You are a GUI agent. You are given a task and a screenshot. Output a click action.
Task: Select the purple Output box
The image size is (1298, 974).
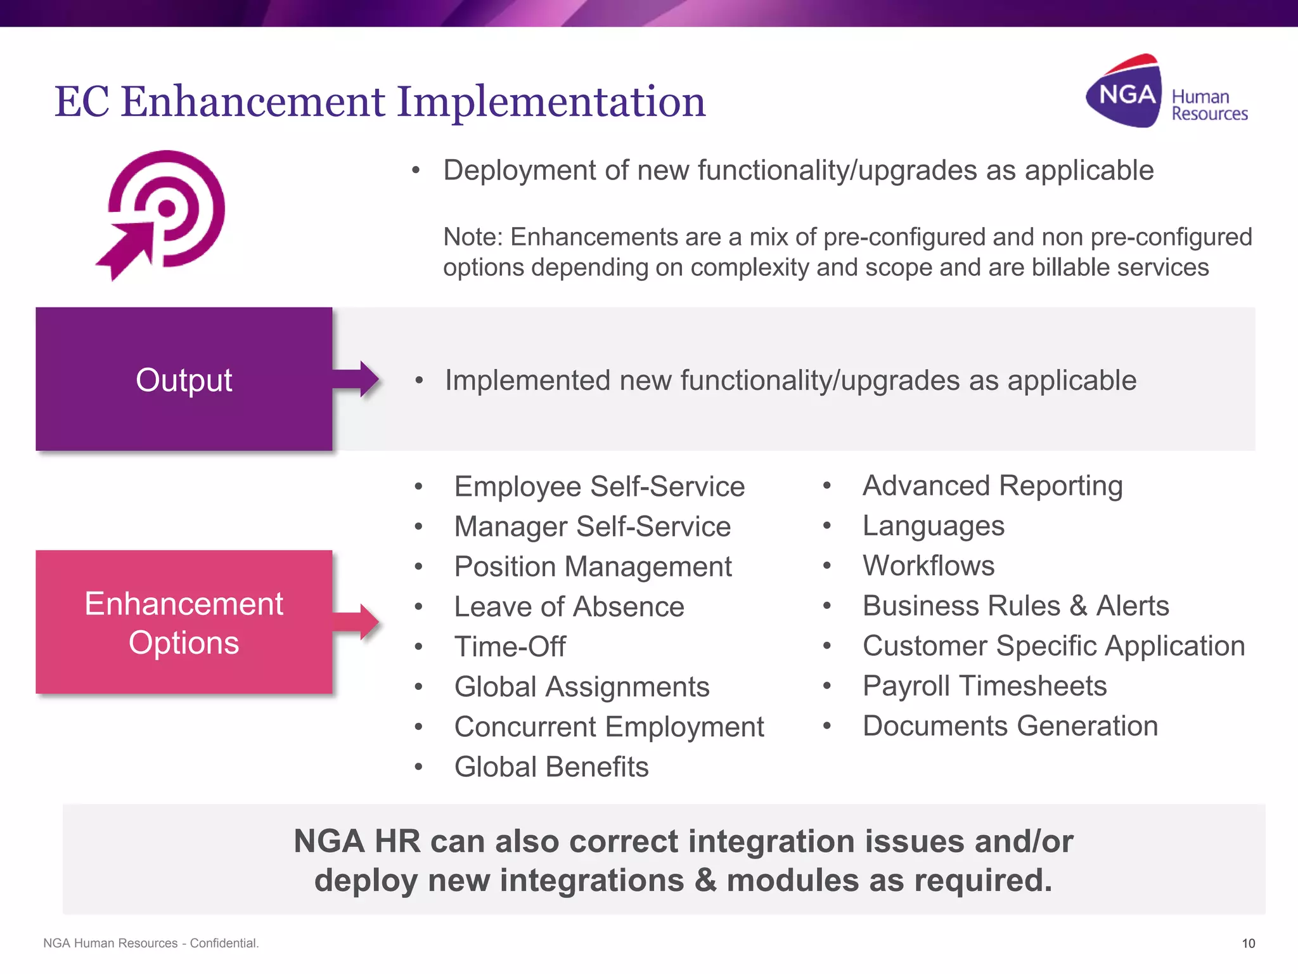pos(184,379)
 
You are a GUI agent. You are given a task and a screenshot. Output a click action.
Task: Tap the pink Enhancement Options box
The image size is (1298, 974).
pos(184,622)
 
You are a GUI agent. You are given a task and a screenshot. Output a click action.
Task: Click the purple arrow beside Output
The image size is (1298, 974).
pos(357,379)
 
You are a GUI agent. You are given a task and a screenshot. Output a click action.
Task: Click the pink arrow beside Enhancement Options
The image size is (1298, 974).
pos(357,622)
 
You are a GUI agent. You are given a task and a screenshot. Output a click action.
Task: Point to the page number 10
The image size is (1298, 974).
pos(1248,943)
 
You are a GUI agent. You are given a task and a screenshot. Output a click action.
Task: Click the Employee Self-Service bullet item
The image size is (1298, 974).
pos(599,487)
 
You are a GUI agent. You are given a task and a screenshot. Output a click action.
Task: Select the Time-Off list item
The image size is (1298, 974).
pos(510,647)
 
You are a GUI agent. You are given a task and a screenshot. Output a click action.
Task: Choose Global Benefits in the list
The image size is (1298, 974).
pos(551,767)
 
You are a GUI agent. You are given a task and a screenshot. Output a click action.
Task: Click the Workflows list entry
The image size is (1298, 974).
pos(929,566)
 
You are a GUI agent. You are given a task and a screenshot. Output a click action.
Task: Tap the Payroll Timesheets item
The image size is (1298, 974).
pos(984,686)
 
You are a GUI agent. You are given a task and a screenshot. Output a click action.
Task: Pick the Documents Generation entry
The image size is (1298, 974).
pos(1010,726)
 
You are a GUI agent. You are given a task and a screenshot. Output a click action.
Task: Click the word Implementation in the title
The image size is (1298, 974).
pos(550,101)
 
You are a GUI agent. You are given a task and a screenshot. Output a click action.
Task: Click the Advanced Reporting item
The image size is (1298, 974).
pos(993,486)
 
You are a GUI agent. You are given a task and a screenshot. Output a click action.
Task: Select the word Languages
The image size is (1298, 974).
pos(933,526)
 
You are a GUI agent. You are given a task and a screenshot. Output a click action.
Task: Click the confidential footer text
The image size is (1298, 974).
pos(151,943)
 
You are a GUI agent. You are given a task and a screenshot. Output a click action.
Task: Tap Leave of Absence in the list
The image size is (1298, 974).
pos(569,607)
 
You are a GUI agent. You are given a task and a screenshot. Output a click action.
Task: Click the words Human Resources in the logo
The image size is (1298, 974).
pos(1208,105)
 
